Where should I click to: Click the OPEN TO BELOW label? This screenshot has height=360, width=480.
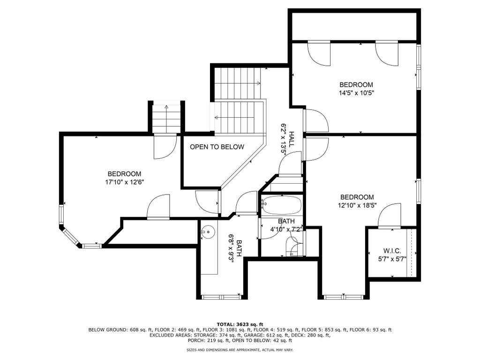pyautogui.click(x=217, y=147)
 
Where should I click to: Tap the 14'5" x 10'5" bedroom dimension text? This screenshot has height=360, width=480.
pyautogui.click(x=356, y=93)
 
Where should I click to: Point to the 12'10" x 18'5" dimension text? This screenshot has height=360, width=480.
pyautogui.click(x=357, y=205)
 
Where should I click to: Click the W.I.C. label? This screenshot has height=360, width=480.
pyautogui.click(x=392, y=251)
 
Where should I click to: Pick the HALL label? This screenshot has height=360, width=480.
pyautogui.click(x=292, y=140)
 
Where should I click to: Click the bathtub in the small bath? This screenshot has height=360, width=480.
pyautogui.click(x=281, y=205)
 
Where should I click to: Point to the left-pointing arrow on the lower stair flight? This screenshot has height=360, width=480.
pyautogui.click(x=234, y=117)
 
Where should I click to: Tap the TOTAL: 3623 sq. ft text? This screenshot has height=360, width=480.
pyautogui.click(x=240, y=324)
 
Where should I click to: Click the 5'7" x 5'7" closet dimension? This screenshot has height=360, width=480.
pyautogui.click(x=392, y=259)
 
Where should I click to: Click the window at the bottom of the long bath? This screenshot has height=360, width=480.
pyautogui.click(x=222, y=297)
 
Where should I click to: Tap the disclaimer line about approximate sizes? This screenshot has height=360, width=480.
pyautogui.click(x=240, y=350)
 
